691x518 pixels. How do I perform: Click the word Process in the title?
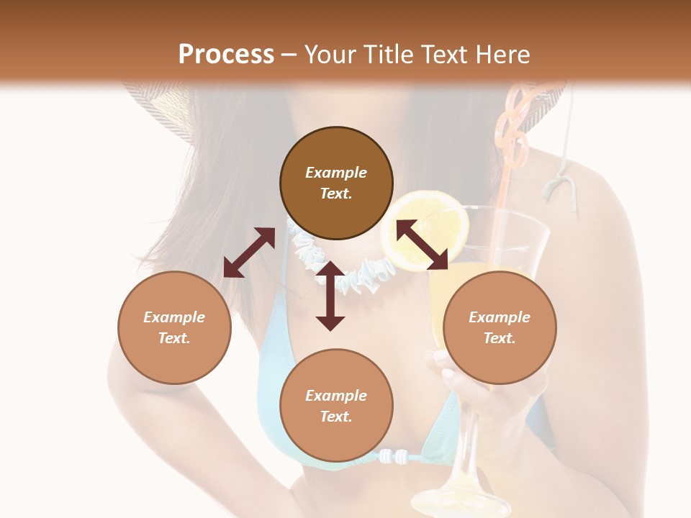click(226, 55)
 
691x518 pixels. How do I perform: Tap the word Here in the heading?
click(500, 55)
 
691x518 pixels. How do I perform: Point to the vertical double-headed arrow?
click(330, 296)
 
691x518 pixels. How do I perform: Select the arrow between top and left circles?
click(249, 253)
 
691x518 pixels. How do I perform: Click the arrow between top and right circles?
click(423, 245)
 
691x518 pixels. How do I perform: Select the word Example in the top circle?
click(336, 173)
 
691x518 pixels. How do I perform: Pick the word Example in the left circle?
click(174, 317)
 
